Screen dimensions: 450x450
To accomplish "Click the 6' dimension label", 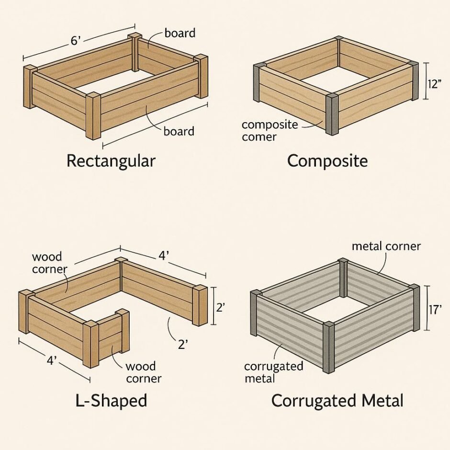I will (75, 41).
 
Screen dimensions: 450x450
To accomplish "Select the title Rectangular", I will (111, 161).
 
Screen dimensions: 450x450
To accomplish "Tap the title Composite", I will (327, 161).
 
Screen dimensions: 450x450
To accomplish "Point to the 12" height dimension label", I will (434, 84).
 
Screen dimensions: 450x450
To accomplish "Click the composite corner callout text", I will (270, 131).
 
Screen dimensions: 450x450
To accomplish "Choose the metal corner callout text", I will (386, 246).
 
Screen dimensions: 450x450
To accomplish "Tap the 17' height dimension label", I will (435, 310).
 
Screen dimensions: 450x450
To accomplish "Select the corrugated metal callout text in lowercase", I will (273, 372).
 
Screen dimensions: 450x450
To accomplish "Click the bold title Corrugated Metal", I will (337, 401).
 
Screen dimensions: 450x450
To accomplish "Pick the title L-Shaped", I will (111, 401).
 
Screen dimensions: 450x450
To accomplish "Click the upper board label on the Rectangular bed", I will (180, 33).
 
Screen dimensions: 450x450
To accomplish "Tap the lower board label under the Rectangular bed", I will (179, 131).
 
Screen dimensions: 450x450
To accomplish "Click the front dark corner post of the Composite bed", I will (332, 114).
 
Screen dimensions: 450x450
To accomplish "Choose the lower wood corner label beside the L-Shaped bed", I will (143, 372).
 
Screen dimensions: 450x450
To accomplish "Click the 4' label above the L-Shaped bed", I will (164, 256).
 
